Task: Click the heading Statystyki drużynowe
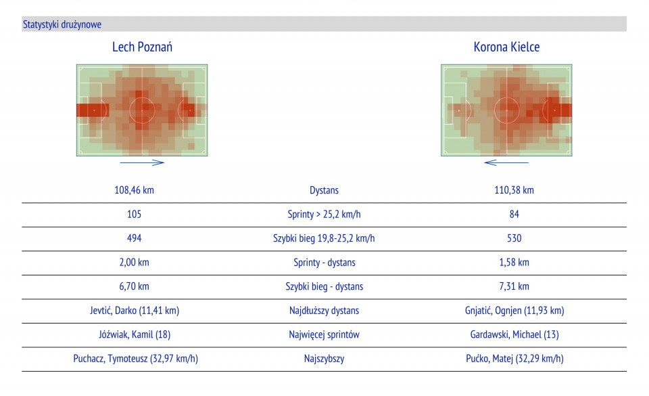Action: (62, 24)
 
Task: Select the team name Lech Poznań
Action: (142, 47)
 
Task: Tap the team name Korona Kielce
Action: (506, 47)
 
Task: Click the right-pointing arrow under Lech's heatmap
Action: (142, 162)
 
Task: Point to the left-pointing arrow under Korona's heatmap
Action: (506, 162)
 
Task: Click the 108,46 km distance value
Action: (134, 190)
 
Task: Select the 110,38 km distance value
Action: (514, 190)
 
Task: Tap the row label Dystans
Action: (324, 191)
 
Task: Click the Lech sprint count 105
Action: (134, 215)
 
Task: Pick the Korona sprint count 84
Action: (514, 215)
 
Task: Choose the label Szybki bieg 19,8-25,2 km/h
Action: (324, 238)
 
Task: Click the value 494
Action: (134, 238)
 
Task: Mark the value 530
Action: (514, 238)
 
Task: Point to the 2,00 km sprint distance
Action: (134, 263)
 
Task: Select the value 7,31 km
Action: (514, 286)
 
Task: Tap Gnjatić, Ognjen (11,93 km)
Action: (514, 311)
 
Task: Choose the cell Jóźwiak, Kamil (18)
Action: (134, 334)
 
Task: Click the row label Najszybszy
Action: (324, 359)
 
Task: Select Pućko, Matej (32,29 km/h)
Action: (514, 359)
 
